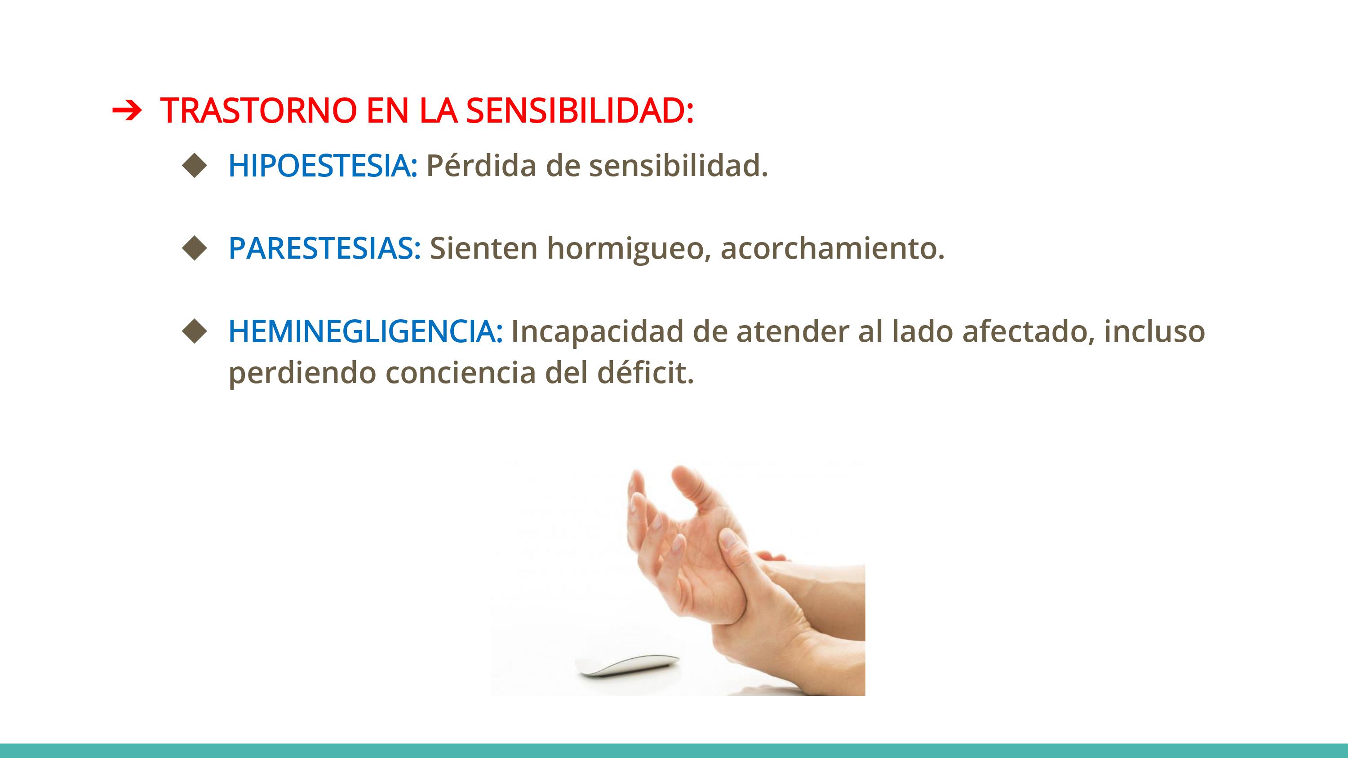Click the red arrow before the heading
pos(127,110)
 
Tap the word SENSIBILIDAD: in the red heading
pos(580,110)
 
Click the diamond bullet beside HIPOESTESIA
pos(195,165)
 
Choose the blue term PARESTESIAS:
pos(325,248)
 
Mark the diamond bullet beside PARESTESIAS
pos(195,248)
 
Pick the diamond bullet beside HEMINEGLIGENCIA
pos(195,331)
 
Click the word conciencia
pos(461,373)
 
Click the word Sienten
pos(483,248)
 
